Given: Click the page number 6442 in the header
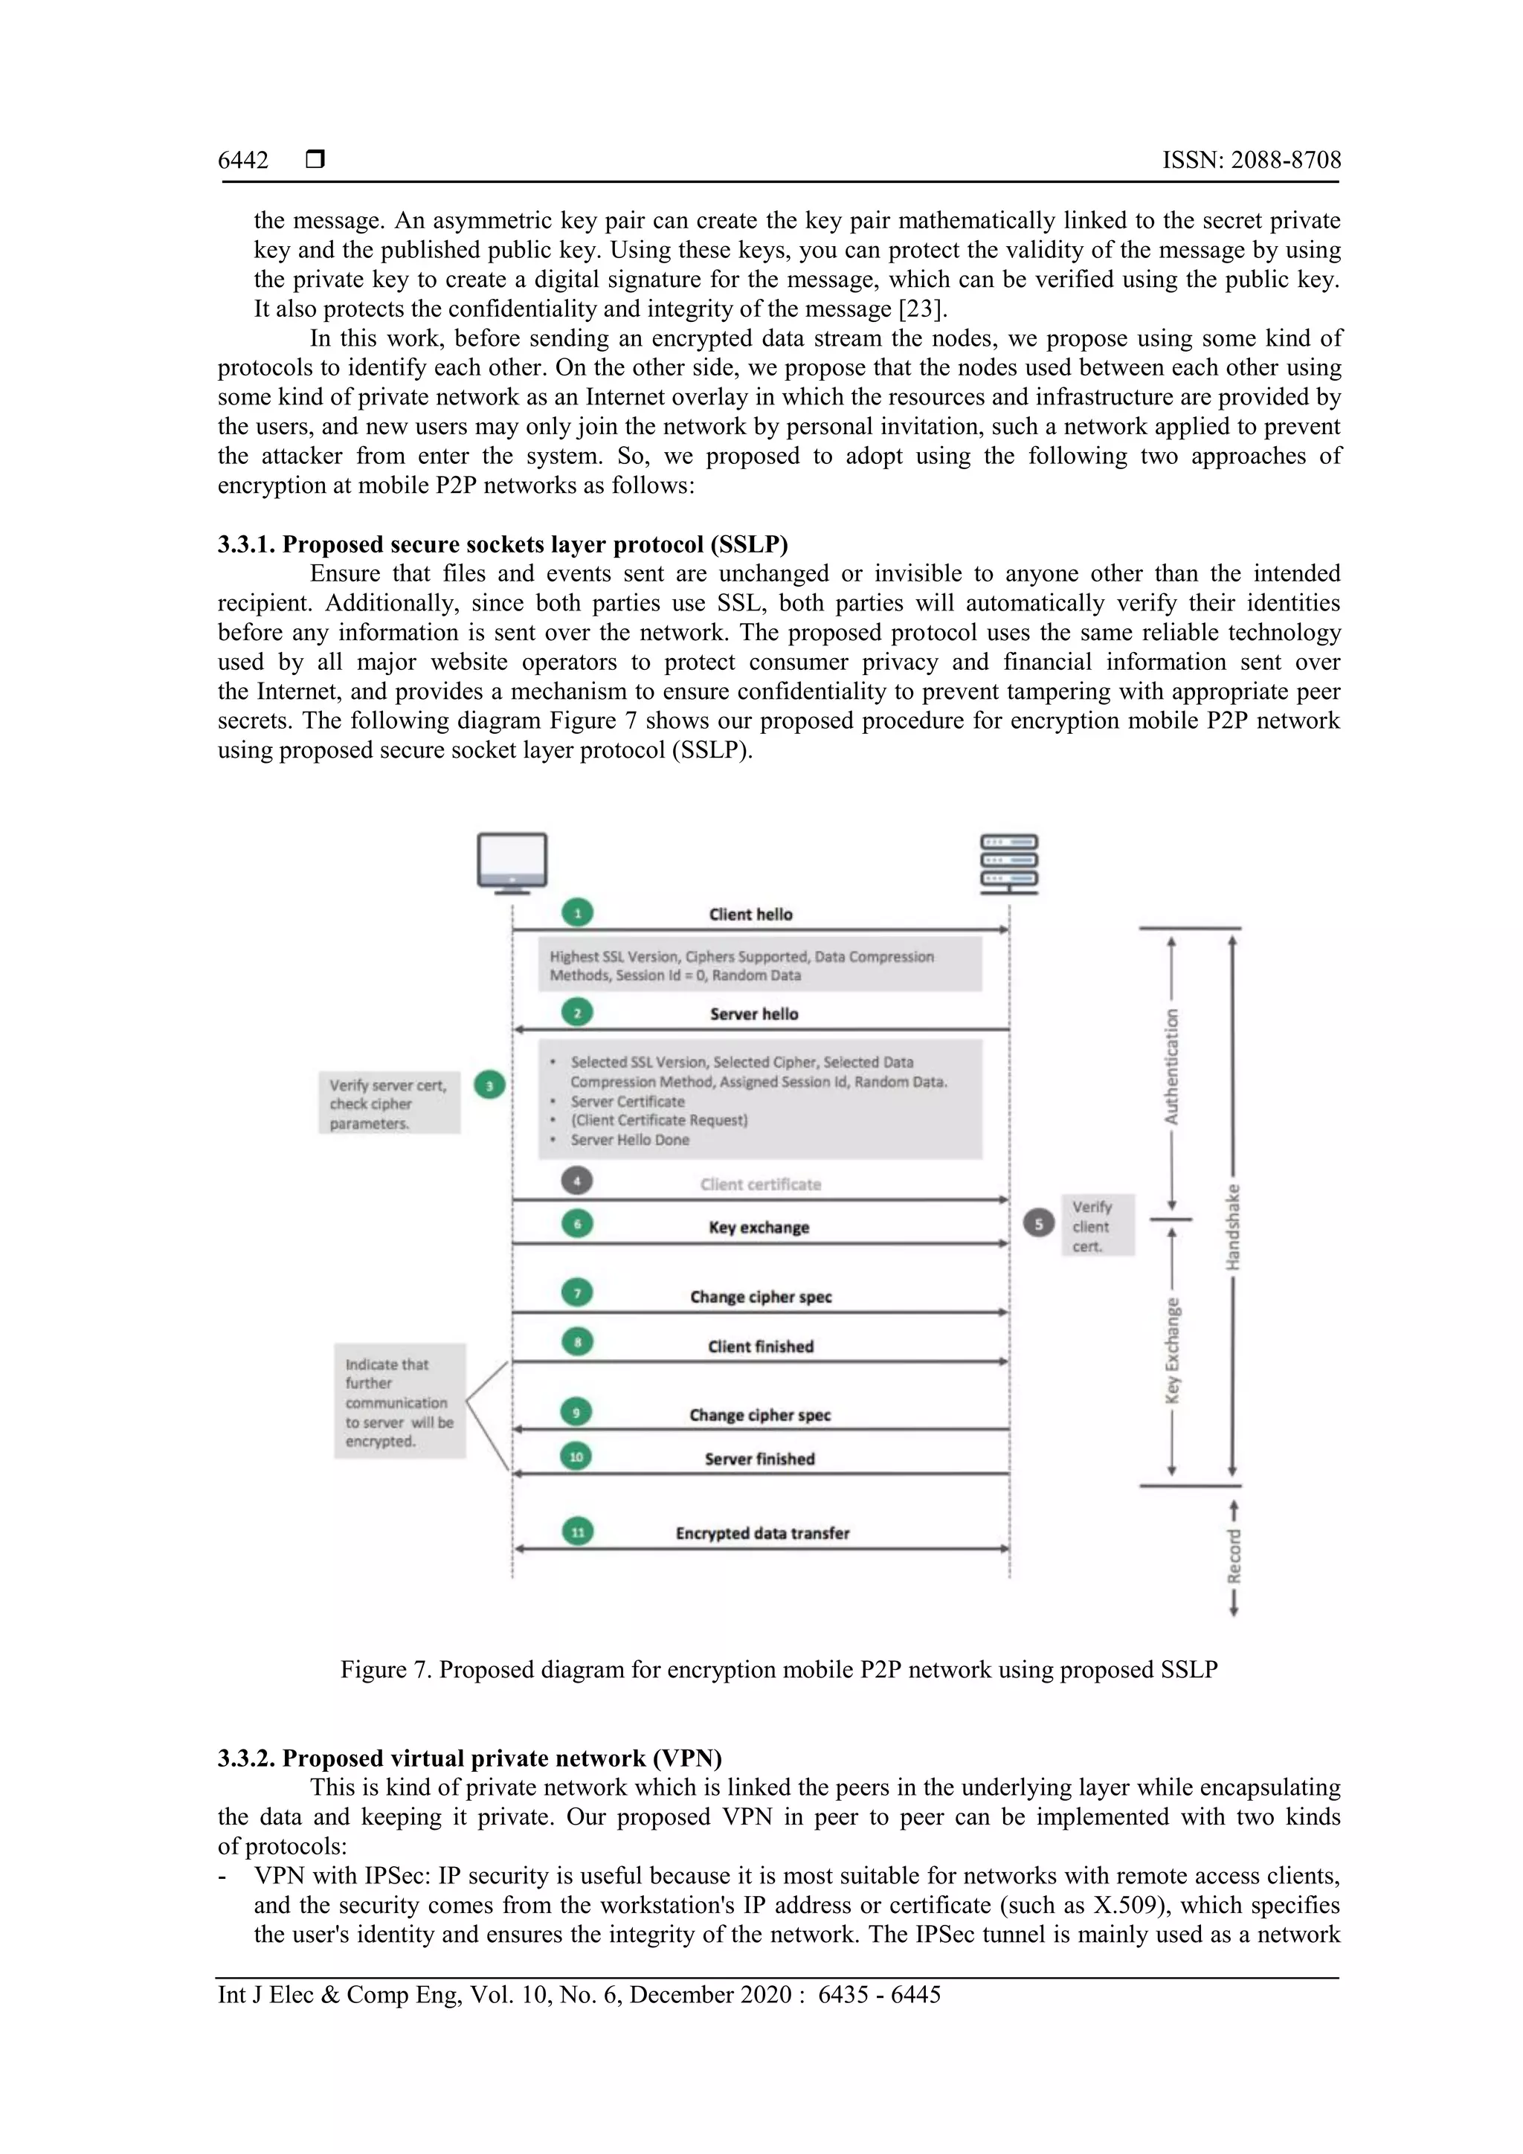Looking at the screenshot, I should [x=243, y=161].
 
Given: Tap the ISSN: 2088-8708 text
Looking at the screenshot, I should [x=1251, y=161].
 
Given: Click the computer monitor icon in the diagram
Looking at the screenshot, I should [x=512, y=861].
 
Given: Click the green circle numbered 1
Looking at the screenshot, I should [x=577, y=913].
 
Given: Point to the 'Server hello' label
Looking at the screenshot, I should [x=753, y=1014].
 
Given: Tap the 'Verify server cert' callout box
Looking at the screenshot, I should [x=388, y=1103].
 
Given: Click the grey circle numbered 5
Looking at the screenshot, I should [x=1038, y=1223].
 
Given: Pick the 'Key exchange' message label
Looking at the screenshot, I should [x=759, y=1227].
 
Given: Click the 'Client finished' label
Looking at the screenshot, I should [x=760, y=1347].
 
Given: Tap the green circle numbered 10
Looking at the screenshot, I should [x=576, y=1457].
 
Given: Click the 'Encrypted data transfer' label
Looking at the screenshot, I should [x=762, y=1533].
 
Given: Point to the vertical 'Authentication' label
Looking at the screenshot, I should [x=1171, y=1067].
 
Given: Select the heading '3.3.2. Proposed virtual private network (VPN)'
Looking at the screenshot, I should [x=469, y=1758].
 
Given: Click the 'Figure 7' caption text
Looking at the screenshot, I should [x=778, y=1670].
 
